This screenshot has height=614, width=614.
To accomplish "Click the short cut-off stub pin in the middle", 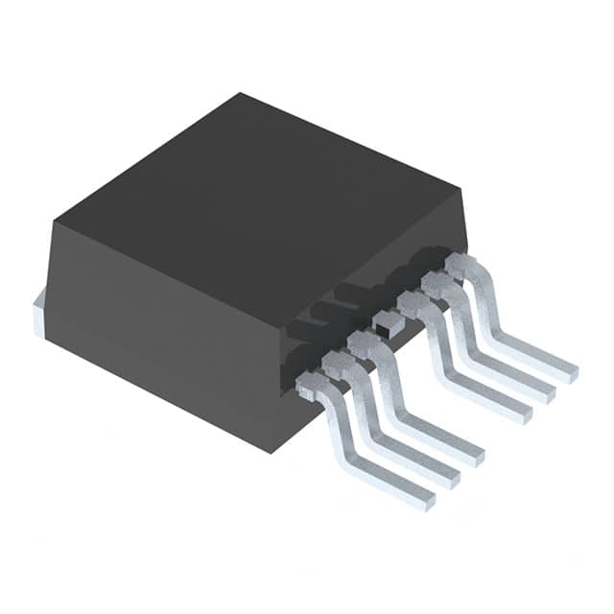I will tap(386, 322).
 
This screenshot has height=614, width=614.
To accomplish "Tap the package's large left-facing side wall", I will tap(163, 317).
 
